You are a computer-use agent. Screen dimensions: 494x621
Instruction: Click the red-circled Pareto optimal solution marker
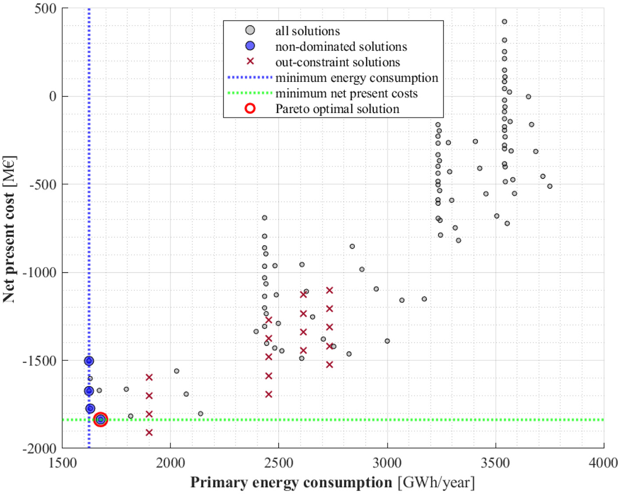pyautogui.click(x=101, y=420)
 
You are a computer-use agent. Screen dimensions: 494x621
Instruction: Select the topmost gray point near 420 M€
pyautogui.click(x=504, y=21)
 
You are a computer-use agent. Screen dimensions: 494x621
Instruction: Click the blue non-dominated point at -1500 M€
pyautogui.click(x=89, y=361)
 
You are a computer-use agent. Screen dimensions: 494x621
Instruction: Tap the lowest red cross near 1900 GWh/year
pyautogui.click(x=149, y=433)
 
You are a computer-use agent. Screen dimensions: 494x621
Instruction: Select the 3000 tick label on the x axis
pyautogui.click(x=387, y=463)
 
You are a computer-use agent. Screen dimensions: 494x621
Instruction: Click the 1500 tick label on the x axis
pyautogui.click(x=62, y=463)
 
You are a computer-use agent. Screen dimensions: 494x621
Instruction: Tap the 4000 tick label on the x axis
pyautogui.click(x=603, y=463)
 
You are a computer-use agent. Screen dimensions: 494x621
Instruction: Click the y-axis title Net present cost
pyautogui.click(x=9, y=229)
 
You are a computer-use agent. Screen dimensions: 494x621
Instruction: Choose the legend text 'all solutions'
pyautogui.click(x=307, y=31)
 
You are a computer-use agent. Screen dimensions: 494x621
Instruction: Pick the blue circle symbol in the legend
pyautogui.click(x=250, y=46)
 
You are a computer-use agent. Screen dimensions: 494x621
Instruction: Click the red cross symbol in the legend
pyautogui.click(x=250, y=62)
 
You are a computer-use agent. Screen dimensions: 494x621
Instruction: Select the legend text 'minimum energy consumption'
pyautogui.click(x=356, y=78)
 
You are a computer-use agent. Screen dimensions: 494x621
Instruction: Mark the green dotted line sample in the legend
pyautogui.click(x=250, y=93)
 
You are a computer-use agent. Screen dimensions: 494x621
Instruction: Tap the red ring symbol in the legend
pyautogui.click(x=250, y=109)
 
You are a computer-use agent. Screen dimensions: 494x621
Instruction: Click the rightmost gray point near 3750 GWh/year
pyautogui.click(x=550, y=186)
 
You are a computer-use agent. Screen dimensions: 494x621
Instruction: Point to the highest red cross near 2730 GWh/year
pyautogui.click(x=330, y=290)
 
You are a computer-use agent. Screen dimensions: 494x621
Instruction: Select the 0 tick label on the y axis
pyautogui.click(x=53, y=96)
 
